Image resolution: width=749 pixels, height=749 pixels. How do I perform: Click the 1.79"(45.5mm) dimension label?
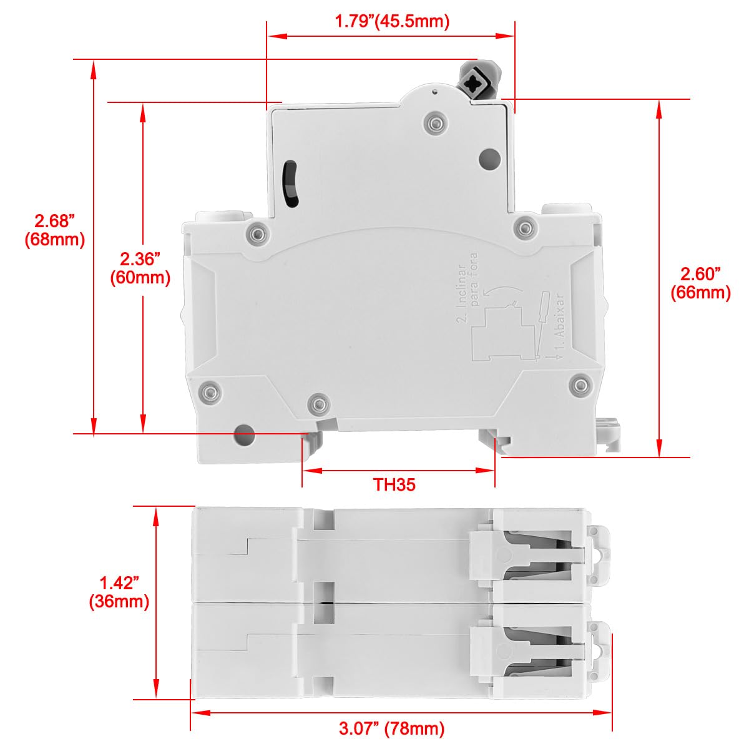click(392, 21)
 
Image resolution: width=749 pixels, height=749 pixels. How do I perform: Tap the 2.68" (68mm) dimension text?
click(54, 230)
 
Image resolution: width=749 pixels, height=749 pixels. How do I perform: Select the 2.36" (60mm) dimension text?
click(140, 268)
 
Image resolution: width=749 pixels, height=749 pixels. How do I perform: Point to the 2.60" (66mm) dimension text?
click(700, 283)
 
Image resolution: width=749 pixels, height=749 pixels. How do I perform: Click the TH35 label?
click(394, 485)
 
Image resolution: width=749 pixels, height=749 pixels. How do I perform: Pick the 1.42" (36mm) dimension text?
click(119, 592)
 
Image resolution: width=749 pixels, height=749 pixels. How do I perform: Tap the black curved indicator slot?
click(290, 184)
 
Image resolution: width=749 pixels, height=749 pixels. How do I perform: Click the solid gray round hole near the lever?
click(490, 159)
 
